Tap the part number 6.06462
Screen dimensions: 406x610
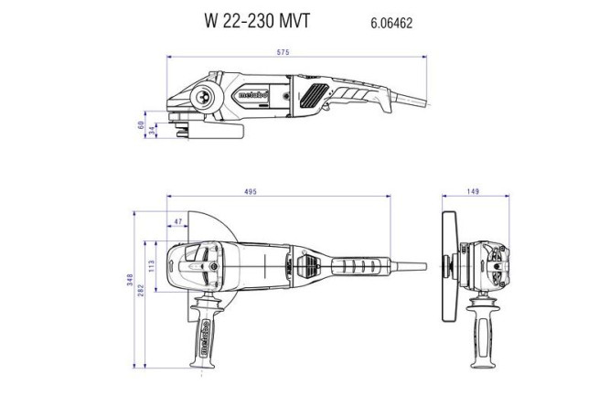391,23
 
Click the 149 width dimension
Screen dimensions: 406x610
473,192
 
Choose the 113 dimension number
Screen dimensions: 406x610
151,266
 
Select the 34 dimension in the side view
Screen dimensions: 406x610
152,129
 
